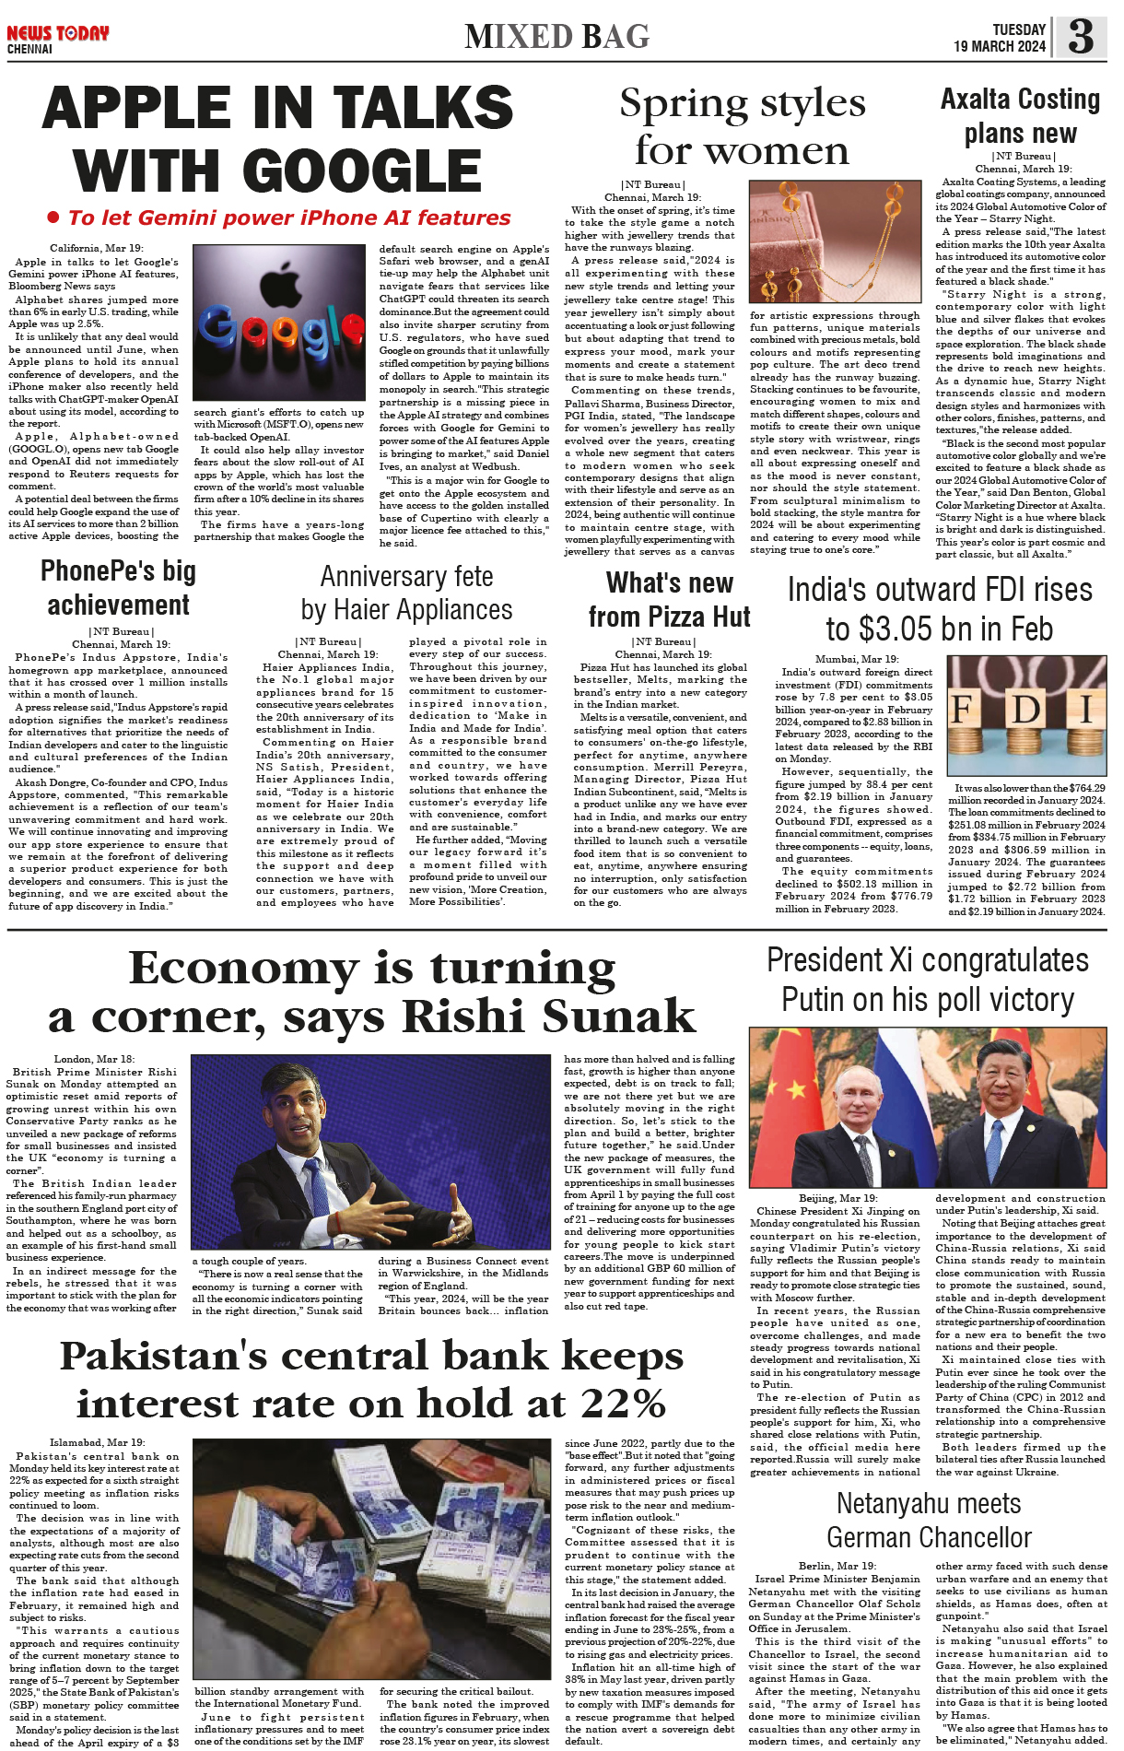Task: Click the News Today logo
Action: [x=57, y=34]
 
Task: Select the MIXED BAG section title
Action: [x=556, y=37]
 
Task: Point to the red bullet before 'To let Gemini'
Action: [x=53, y=217]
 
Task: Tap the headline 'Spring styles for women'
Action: [x=742, y=126]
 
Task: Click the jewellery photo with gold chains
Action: [x=835, y=241]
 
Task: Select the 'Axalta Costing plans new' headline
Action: [x=1021, y=115]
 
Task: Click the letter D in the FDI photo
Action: [x=1025, y=710]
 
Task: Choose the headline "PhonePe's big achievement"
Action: [x=118, y=588]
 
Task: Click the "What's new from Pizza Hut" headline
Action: [x=670, y=599]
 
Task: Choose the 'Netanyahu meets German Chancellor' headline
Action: [x=929, y=1520]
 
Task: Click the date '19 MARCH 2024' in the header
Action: [x=1000, y=46]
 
